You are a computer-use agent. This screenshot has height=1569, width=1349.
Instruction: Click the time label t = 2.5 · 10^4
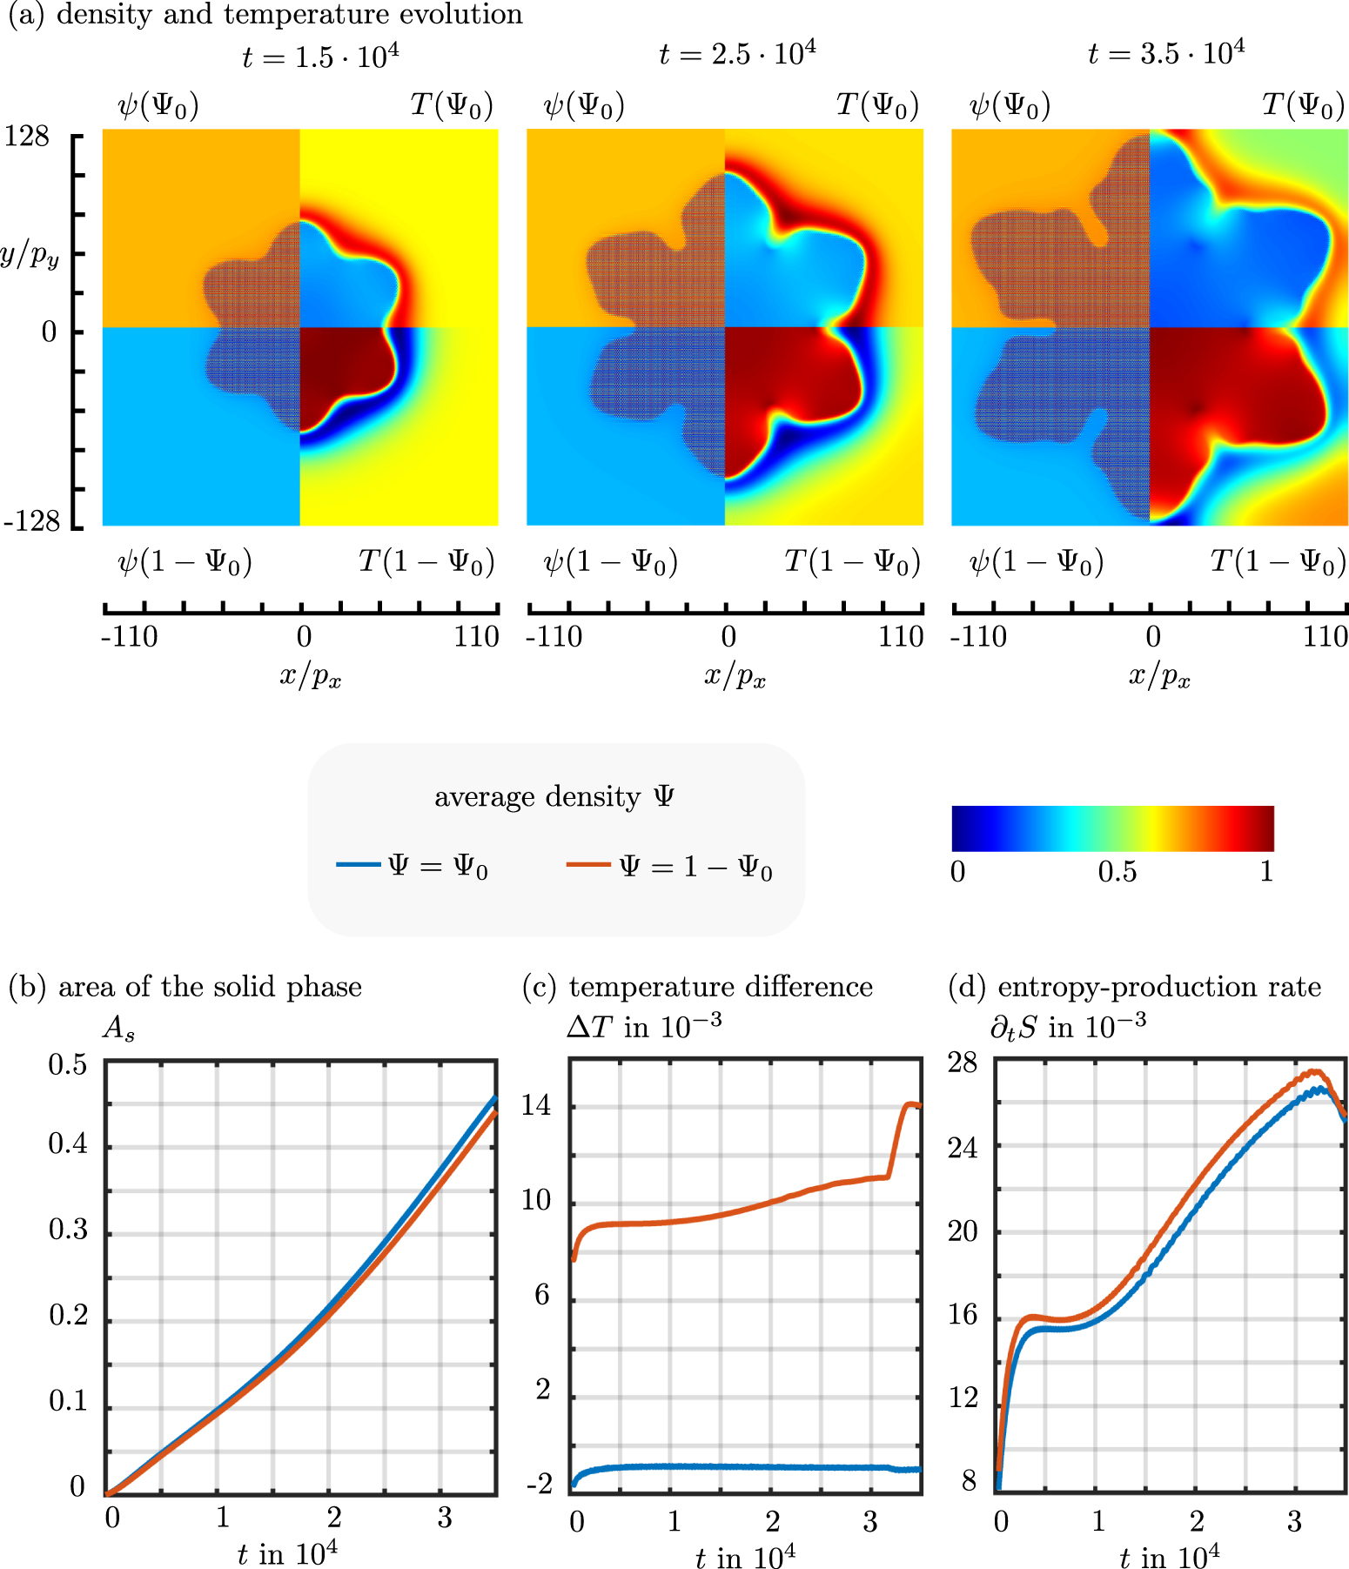tap(737, 54)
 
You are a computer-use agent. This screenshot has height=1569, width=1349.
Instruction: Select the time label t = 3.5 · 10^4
tap(1165, 54)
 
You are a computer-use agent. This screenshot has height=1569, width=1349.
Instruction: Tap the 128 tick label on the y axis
tap(28, 137)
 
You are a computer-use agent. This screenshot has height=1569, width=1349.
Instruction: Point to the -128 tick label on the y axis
tap(32, 521)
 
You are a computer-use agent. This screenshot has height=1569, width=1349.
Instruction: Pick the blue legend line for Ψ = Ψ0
tap(359, 864)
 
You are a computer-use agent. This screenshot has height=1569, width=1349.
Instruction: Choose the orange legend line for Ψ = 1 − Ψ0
tap(588, 864)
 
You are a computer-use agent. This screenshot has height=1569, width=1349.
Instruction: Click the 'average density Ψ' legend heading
tap(554, 796)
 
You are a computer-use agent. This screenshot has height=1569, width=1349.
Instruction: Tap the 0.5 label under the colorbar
tap(1117, 871)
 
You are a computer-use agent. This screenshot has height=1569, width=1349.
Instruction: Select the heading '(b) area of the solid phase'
tap(185, 987)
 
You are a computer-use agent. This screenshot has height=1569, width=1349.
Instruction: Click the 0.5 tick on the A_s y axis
tap(68, 1064)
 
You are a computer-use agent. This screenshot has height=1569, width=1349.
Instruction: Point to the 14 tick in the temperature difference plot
tap(536, 1105)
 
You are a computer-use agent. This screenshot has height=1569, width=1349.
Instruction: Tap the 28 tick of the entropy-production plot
tap(963, 1063)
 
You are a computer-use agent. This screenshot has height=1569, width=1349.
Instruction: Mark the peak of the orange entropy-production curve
tap(1317, 1072)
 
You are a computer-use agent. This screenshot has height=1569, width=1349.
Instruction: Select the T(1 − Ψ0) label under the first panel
tap(426, 562)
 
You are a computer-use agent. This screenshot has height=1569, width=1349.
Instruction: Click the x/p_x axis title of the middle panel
tap(735, 675)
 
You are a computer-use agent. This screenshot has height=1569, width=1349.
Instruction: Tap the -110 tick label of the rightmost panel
tap(978, 637)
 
